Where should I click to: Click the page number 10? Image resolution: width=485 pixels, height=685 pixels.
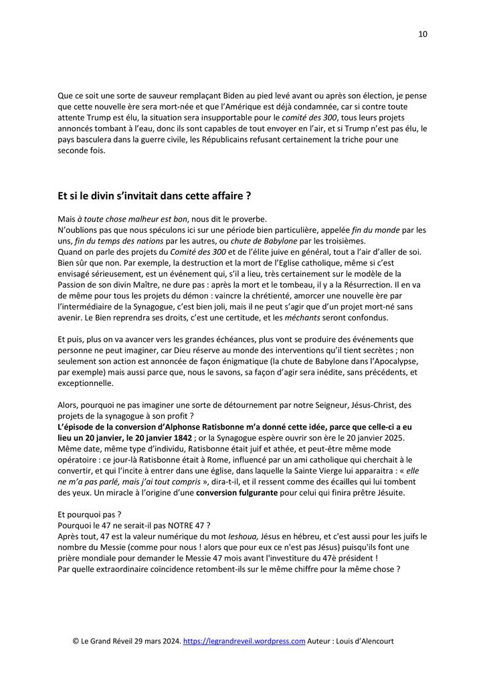tap(423, 34)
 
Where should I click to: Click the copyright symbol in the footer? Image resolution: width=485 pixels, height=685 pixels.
tap(76, 641)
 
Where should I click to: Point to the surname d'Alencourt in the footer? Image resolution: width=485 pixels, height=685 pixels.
tap(371, 641)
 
